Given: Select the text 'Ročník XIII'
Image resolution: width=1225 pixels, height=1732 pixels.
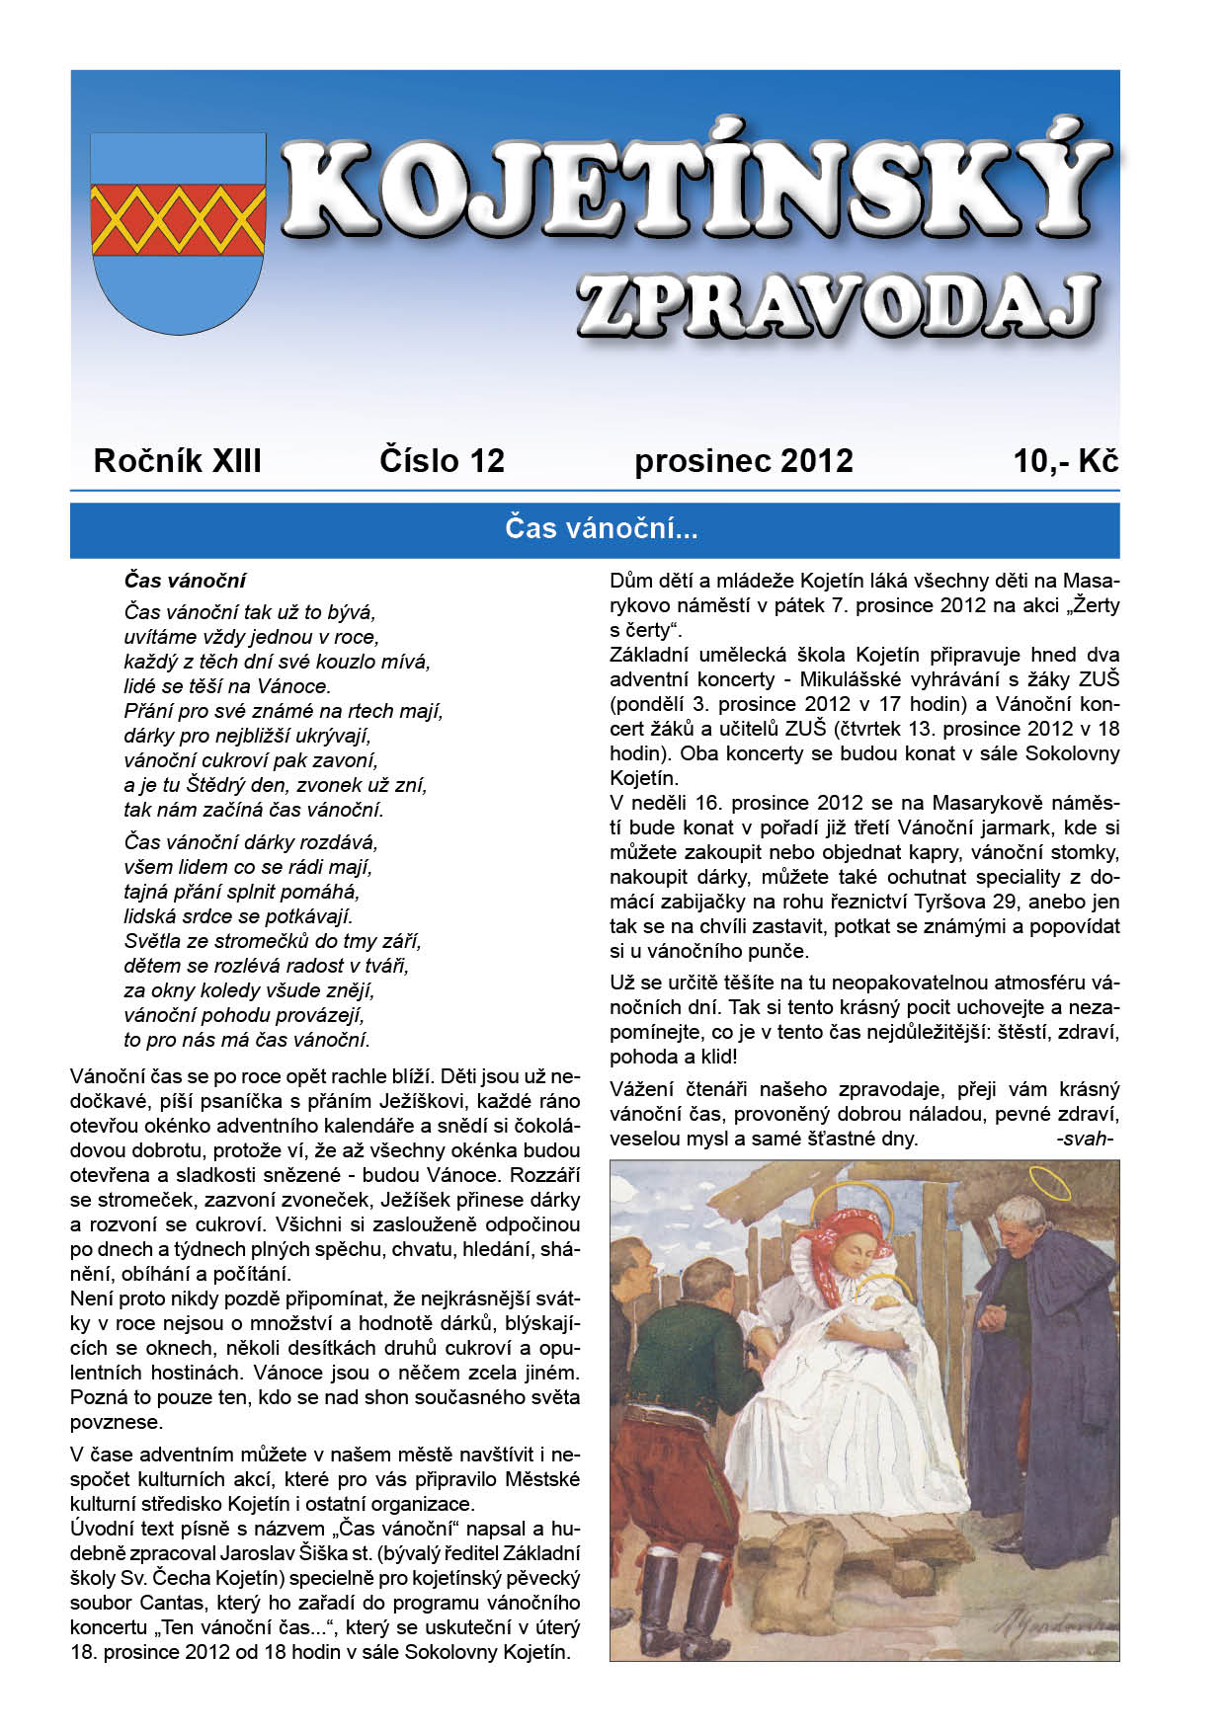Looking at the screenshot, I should click(x=177, y=461).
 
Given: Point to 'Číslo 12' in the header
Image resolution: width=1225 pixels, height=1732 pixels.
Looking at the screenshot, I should click(x=442, y=461).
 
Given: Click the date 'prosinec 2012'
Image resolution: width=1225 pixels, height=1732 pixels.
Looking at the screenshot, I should click(x=743, y=461).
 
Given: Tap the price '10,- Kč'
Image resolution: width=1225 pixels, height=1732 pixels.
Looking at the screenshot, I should click(x=1065, y=461).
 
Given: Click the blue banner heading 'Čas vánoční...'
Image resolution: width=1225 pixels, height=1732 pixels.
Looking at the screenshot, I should click(x=601, y=529).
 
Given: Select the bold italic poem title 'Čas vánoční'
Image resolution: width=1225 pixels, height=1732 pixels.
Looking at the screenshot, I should click(x=185, y=581).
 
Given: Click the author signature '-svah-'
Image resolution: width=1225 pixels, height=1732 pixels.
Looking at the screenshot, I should click(x=1086, y=1139).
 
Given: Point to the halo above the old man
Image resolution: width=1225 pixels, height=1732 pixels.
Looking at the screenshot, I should click(x=1049, y=1181).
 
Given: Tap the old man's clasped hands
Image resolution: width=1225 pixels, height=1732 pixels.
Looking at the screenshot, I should click(x=993, y=1316).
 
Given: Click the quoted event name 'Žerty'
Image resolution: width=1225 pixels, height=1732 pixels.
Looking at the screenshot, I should click(x=1096, y=605).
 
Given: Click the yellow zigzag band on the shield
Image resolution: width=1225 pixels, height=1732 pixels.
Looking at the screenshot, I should click(x=178, y=218).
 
